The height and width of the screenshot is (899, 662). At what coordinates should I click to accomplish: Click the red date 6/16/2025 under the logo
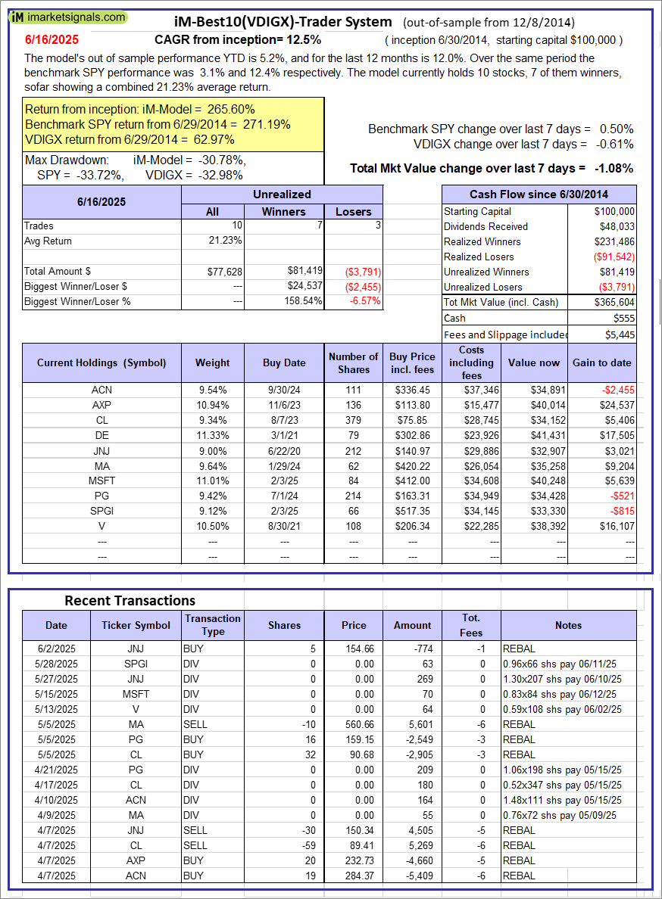point(51,39)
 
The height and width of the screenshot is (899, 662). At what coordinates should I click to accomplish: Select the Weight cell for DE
point(212,435)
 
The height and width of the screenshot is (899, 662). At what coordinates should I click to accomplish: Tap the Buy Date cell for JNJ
point(284,450)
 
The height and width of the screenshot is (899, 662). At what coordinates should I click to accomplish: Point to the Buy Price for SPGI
point(412,511)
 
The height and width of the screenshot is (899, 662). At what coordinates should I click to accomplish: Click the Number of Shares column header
point(353,362)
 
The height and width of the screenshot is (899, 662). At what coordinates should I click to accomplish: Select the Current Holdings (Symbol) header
point(101,362)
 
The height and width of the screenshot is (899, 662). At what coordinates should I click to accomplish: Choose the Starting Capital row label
point(477,211)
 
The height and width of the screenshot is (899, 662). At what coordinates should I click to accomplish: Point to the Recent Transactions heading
point(130,600)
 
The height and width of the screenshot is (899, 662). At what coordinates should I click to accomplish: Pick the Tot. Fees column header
point(471,625)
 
